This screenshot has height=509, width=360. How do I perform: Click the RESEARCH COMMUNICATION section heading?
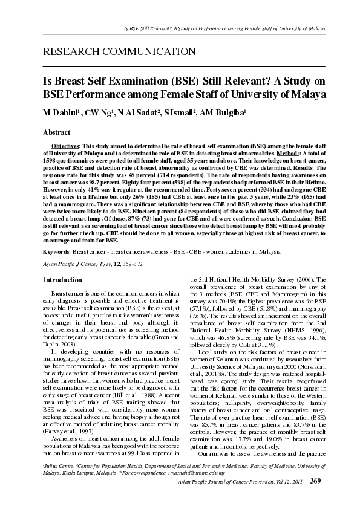coord(119,52)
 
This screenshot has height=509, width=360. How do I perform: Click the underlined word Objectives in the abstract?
coord(65,146)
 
